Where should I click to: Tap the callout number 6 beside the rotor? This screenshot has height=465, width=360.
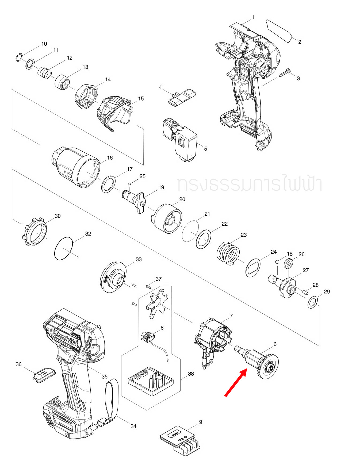click(275, 344)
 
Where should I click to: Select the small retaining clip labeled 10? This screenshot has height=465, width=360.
click(19, 57)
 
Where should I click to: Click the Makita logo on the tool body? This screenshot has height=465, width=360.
click(67, 340)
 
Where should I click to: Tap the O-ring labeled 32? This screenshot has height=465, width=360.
click(63, 248)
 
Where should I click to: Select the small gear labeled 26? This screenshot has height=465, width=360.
click(288, 264)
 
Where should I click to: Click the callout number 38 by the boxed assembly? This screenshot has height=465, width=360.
click(191, 374)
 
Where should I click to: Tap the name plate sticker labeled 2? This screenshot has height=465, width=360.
click(279, 31)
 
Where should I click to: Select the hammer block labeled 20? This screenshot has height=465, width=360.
click(168, 218)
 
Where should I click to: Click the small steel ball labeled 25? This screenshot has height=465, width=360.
click(130, 183)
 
